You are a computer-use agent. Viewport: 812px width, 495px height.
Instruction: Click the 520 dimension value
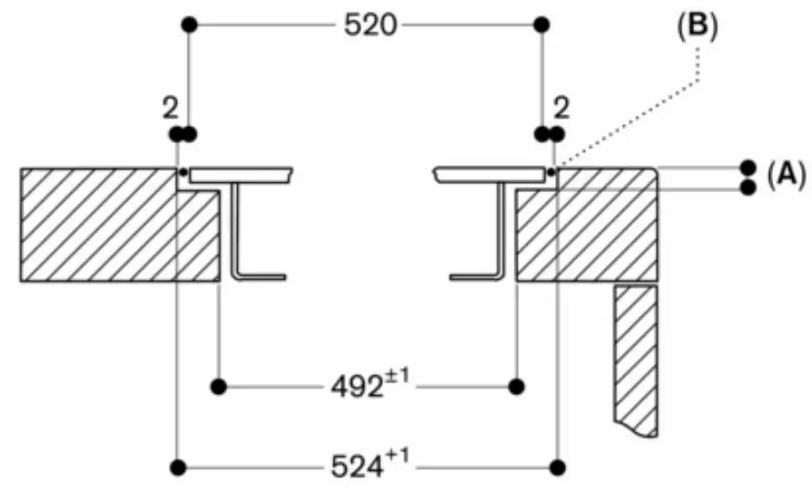pos(369,25)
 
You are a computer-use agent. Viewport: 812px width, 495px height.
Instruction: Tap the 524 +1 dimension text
pos(368,466)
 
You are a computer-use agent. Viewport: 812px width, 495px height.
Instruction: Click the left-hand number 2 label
pos(169,108)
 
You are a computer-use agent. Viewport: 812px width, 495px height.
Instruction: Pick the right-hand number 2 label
pos(562,108)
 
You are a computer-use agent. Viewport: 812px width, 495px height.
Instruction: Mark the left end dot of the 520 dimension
pos(188,25)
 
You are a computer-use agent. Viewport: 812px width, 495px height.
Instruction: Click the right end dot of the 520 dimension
pos(540,25)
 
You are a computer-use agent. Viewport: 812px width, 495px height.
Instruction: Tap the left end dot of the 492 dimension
pos(216,387)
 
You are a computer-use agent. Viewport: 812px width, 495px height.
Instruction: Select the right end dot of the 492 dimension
pos(515,387)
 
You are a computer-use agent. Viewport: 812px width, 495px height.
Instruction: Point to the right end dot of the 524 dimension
pos(559,466)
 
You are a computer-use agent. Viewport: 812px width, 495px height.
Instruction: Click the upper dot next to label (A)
pos(748,167)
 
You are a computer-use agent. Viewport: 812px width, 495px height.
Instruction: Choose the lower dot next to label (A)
pos(748,187)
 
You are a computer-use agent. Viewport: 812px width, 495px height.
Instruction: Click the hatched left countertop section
pos(98,223)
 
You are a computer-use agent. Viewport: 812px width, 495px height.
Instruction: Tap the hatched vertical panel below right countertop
pos(636,357)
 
